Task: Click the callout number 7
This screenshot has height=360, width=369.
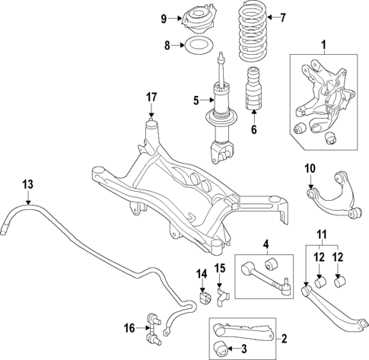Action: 282,17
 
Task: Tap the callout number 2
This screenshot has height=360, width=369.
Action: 285,338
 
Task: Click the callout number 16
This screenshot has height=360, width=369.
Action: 130,328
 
